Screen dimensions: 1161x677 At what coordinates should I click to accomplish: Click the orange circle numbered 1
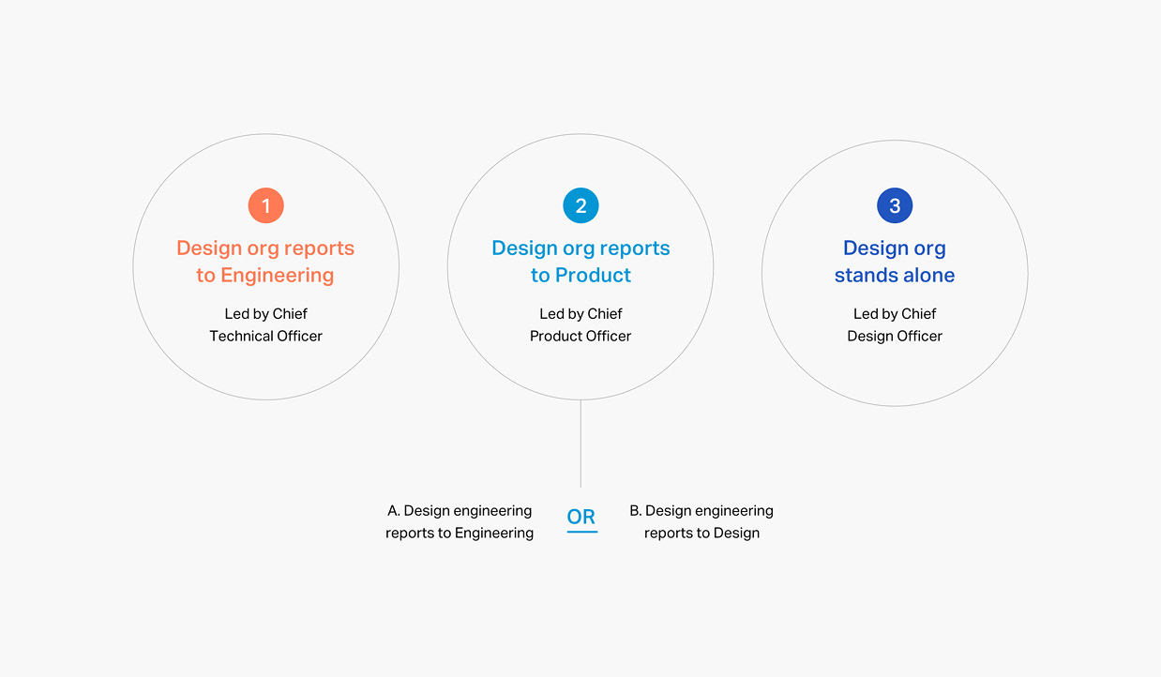tap(266, 205)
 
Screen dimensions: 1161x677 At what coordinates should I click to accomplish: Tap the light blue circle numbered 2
tap(580, 205)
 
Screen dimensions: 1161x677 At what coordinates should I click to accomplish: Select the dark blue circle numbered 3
tap(895, 205)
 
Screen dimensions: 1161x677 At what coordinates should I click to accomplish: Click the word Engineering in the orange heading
tap(278, 276)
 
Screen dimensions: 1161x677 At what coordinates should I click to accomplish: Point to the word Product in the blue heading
tap(593, 276)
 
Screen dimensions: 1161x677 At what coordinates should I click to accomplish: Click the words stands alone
tap(895, 276)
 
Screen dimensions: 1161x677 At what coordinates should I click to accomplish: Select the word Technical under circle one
tap(241, 336)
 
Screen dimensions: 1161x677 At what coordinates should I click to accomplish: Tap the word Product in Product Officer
tap(556, 336)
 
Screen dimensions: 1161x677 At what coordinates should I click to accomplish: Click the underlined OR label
tap(581, 517)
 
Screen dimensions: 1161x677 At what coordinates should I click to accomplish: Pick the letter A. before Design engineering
tap(393, 511)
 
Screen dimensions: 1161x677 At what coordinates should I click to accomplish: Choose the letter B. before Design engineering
tap(636, 511)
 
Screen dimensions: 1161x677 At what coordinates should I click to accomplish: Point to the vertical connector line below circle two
tap(580, 444)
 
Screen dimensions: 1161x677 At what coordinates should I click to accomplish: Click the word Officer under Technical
tap(299, 336)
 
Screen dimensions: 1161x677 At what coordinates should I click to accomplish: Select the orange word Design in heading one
tap(209, 248)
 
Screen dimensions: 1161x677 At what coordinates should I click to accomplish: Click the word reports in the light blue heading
tap(635, 248)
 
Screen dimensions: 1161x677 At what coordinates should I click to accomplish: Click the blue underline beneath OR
tap(582, 532)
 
